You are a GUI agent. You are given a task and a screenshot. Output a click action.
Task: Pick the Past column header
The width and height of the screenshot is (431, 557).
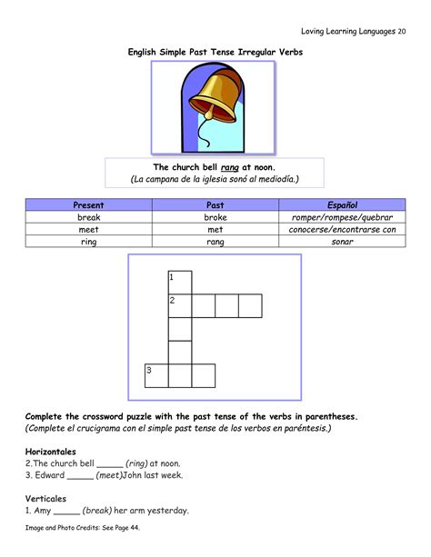(215, 206)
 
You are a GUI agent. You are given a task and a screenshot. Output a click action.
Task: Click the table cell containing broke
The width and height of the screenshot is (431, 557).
(215, 218)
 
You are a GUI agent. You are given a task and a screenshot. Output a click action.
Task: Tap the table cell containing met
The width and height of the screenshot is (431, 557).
(215, 230)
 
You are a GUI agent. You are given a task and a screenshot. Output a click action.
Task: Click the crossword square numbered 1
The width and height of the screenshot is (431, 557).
(180, 282)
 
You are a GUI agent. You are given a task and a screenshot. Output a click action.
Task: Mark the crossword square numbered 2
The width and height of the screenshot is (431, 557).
(180, 305)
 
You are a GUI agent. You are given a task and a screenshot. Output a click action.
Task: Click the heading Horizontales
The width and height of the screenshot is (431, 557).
(51, 451)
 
